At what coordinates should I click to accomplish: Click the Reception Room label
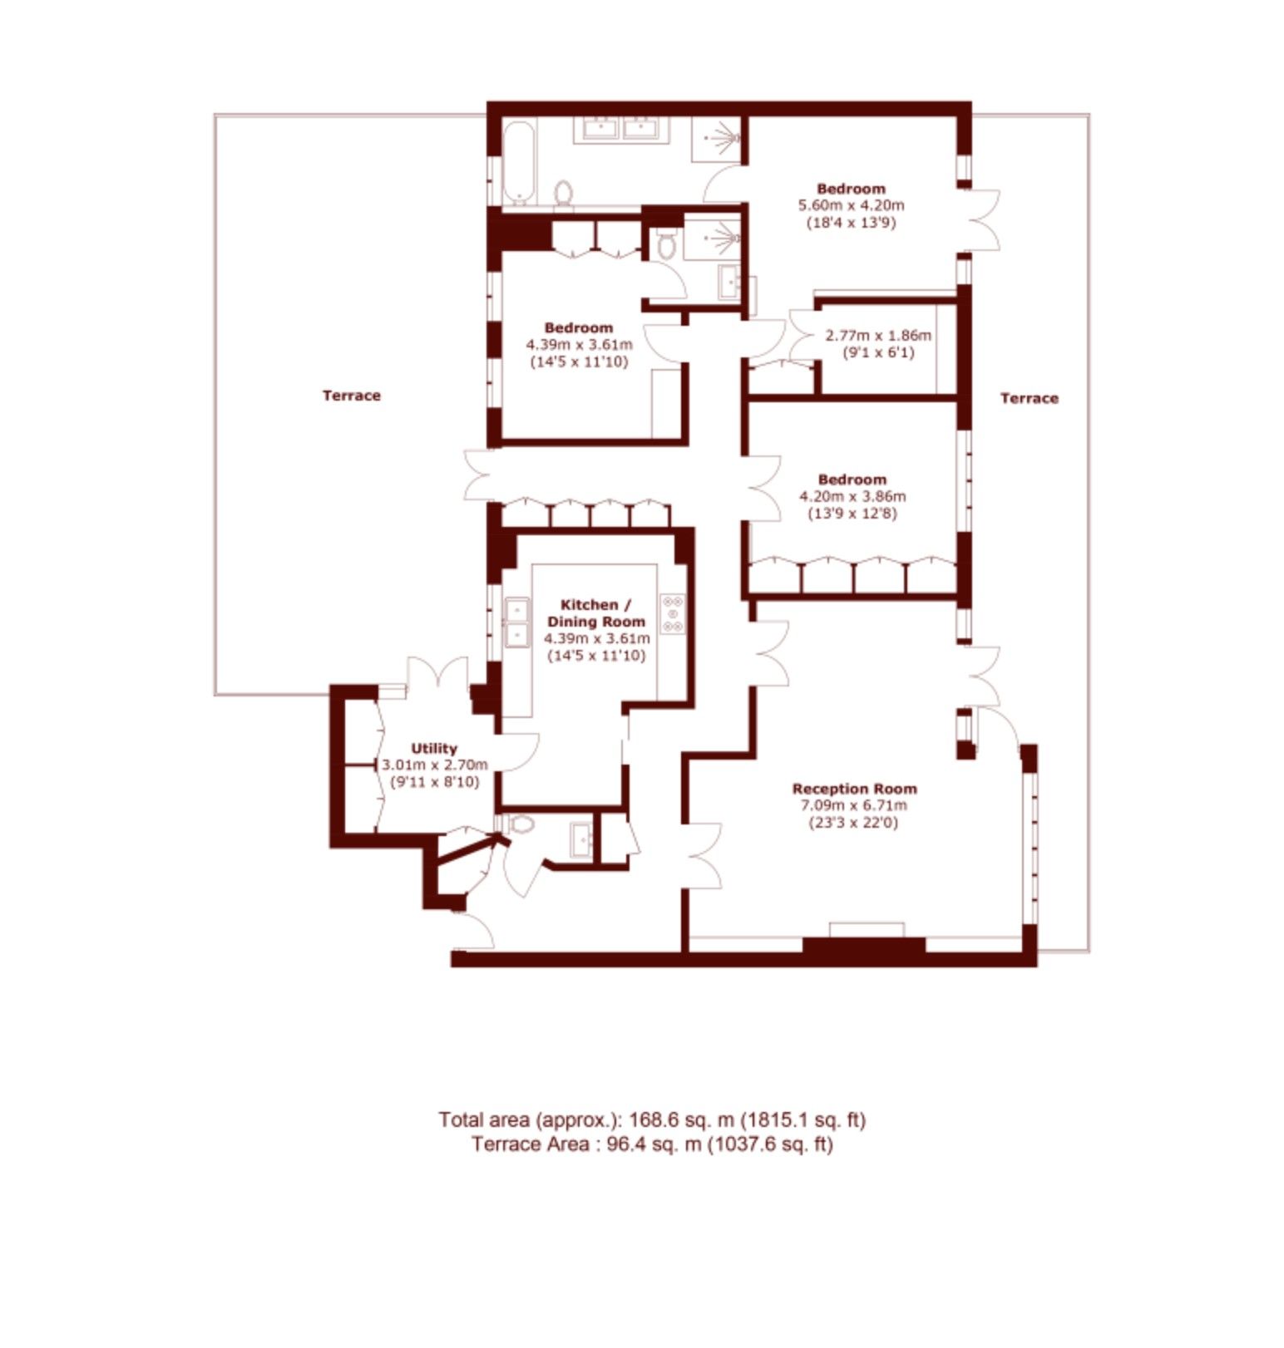pos(854,789)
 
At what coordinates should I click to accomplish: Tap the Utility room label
pos(434,748)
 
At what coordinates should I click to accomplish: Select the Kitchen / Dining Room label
pos(595,613)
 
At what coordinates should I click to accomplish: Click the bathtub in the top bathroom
pos(518,162)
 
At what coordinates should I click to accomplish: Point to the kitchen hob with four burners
pos(673,614)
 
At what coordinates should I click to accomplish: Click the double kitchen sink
pos(517,622)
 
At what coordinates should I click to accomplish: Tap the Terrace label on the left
pos(351,396)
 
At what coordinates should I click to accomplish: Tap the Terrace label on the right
pos(1029,398)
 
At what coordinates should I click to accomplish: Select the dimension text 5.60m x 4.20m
pos(851,205)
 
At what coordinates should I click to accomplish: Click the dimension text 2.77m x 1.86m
pos(878,336)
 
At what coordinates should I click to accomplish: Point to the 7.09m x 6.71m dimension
pos(854,805)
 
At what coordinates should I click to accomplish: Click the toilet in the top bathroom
pos(564,193)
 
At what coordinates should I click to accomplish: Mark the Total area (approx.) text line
pos(652,1119)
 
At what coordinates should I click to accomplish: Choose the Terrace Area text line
pos(652,1144)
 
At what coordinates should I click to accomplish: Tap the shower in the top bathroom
pos(716,139)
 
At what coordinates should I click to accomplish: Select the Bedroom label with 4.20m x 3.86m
pos(852,480)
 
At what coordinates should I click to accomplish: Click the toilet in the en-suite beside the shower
pos(665,244)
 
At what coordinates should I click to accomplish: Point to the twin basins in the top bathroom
pos(621,130)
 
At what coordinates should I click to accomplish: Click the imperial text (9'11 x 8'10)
pos(434,782)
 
